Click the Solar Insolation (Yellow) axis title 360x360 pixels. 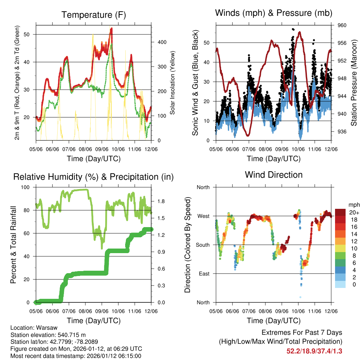click(173, 83)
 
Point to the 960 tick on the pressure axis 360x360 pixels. click(342, 25)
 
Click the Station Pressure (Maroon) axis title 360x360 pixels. click(354, 83)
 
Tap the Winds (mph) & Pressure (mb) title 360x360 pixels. click(274, 13)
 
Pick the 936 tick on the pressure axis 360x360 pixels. click(342, 131)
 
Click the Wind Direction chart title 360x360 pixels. click(274, 175)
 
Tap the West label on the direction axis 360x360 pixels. click(203, 216)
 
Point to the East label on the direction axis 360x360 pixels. click(203, 274)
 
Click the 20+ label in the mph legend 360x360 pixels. click(354, 212)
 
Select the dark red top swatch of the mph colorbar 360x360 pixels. click(341, 212)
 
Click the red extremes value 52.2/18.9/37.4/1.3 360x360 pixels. click(314, 351)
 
